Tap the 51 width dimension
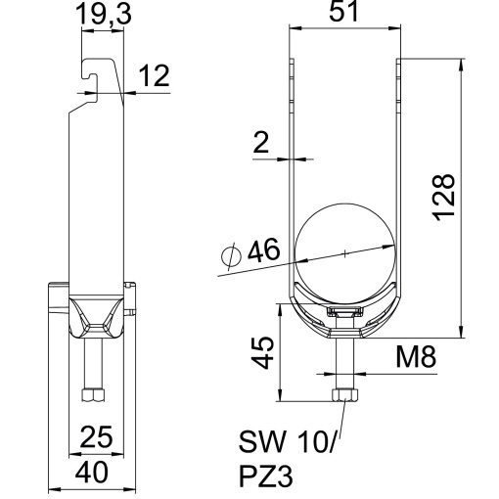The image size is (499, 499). point(343,13)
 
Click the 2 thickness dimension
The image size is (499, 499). point(260,143)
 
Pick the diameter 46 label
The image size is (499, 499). point(262,251)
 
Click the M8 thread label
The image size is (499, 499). point(414,358)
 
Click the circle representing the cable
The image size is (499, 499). point(345,252)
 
